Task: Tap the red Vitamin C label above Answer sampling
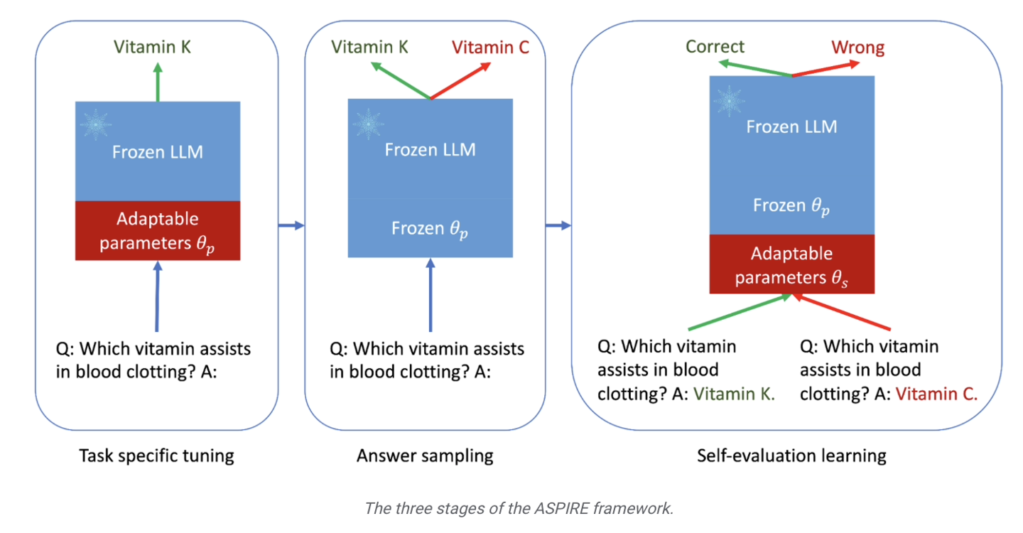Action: point(491,47)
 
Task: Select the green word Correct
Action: point(715,47)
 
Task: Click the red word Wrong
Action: point(857,48)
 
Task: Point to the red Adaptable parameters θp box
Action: point(158,230)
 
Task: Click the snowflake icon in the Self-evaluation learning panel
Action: point(729,102)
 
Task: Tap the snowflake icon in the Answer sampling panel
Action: point(368,124)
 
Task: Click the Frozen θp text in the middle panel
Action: point(430,229)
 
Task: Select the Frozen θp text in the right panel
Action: point(791,206)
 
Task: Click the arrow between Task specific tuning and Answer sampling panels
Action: point(291,226)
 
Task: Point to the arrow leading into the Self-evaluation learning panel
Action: point(558,226)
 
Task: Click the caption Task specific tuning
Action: point(156,455)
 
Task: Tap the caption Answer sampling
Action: point(425,455)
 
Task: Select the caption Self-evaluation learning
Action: point(791,455)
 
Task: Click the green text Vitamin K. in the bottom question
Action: point(734,394)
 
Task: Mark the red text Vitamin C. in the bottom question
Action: point(936,394)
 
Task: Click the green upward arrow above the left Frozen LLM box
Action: point(158,81)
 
